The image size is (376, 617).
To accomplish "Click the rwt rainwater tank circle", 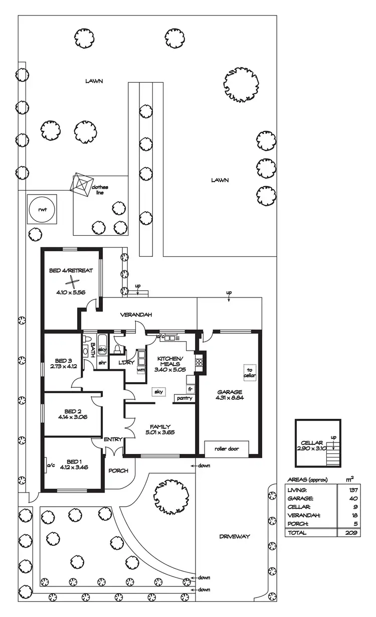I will click(43, 210).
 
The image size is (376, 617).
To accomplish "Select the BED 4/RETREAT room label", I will click(71, 271).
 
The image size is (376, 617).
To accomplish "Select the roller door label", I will click(226, 448).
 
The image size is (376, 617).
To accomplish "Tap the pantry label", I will click(183, 398).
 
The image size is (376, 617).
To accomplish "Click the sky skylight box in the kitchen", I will click(158, 392).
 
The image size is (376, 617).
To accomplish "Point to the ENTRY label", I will click(113, 439).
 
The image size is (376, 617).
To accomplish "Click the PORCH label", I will click(118, 471).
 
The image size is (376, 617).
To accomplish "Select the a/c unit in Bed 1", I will click(50, 465).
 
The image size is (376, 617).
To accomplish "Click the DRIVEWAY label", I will click(234, 536).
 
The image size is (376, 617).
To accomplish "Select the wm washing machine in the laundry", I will click(141, 370).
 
